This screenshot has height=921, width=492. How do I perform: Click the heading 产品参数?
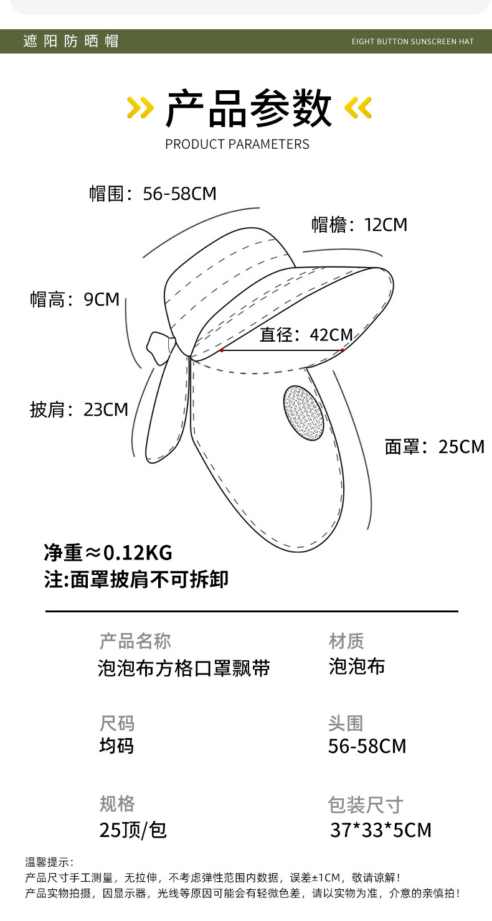tap(248, 108)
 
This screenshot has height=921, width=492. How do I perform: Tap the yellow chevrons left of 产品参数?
tap(140, 108)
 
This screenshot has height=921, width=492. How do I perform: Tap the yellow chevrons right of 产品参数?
tap(358, 108)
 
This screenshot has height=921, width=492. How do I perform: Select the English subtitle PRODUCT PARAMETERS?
tap(237, 144)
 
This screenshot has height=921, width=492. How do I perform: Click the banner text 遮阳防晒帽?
tap(70, 41)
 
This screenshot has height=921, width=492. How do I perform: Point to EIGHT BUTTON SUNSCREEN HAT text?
tap(412, 42)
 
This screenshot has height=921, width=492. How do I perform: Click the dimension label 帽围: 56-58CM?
tap(153, 194)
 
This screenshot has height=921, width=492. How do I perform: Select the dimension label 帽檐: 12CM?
tap(359, 225)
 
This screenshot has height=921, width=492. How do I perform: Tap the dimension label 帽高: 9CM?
tap(75, 299)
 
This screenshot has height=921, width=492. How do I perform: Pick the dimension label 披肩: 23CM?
tap(79, 409)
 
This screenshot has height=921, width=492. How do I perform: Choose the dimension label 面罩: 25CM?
tap(434, 447)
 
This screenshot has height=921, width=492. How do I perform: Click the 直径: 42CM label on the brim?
tap(306, 335)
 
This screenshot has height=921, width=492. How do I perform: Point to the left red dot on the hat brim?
tap(222, 350)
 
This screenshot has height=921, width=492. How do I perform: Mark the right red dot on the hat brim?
tap(343, 350)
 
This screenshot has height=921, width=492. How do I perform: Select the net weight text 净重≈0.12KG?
tap(108, 552)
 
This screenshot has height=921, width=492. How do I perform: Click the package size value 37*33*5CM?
tap(381, 830)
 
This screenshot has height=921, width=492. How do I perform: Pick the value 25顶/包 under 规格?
tap(133, 830)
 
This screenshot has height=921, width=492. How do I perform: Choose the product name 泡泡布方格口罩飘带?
tap(184, 668)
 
